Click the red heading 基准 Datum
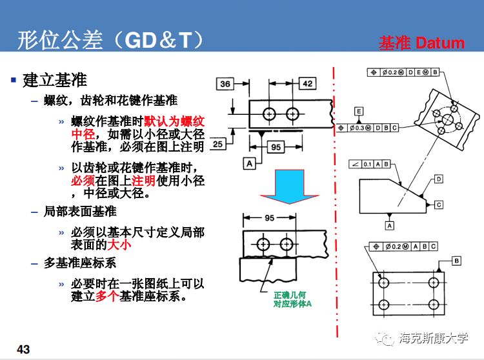(421, 43)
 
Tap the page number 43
(23, 349)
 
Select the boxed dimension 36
(225, 84)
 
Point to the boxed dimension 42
(307, 84)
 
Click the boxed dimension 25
(217, 144)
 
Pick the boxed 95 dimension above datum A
(276, 147)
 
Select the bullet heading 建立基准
(54, 81)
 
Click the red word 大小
(119, 246)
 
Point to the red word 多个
(106, 297)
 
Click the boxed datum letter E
(359, 112)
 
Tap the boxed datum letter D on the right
(438, 178)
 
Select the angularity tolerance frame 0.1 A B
(370, 164)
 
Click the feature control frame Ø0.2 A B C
(404, 246)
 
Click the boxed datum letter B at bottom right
(456, 260)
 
